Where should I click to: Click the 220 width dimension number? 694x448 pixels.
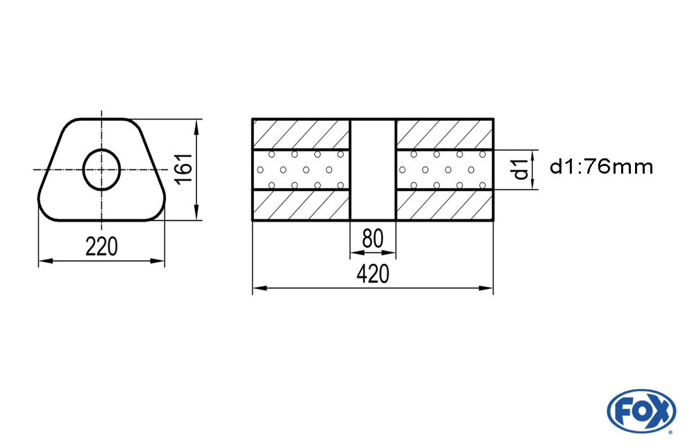[x=102, y=247]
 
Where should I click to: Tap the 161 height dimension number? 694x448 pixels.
[x=184, y=169]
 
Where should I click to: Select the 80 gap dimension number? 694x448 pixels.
[x=373, y=238]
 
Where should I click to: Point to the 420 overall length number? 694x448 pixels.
[x=373, y=274]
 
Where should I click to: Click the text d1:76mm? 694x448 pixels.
[x=601, y=167]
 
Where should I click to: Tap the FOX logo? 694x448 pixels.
[x=641, y=410]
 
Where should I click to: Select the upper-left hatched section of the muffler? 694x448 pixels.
[x=301, y=135]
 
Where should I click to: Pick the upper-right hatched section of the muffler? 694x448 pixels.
[x=444, y=135]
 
